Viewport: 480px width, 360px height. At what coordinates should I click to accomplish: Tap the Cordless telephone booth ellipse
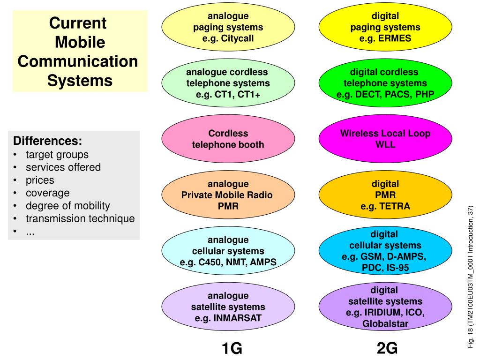[228, 139]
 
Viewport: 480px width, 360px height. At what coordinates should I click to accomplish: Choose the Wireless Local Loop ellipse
[385, 139]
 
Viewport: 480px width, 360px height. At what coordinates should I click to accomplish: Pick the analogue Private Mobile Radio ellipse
[228, 195]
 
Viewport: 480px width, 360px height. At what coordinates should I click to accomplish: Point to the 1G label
[232, 348]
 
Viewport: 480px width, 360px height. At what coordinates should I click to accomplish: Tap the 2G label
[387, 348]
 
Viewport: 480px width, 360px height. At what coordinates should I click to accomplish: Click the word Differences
[47, 141]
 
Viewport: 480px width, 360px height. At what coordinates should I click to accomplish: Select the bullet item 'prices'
[40, 180]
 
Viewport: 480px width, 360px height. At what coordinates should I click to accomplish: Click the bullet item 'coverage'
[47, 193]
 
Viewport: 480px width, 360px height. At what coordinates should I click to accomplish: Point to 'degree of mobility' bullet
[67, 205]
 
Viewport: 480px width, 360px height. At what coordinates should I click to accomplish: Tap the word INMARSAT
[238, 318]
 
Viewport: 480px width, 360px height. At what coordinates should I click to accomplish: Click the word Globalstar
[385, 323]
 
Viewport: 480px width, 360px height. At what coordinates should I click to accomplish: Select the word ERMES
[395, 38]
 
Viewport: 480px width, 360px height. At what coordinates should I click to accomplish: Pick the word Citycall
[238, 38]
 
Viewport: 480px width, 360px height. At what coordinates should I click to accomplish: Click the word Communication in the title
[78, 61]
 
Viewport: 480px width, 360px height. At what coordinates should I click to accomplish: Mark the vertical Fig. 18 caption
[471, 277]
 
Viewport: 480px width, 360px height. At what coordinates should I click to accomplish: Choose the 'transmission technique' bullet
[80, 218]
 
